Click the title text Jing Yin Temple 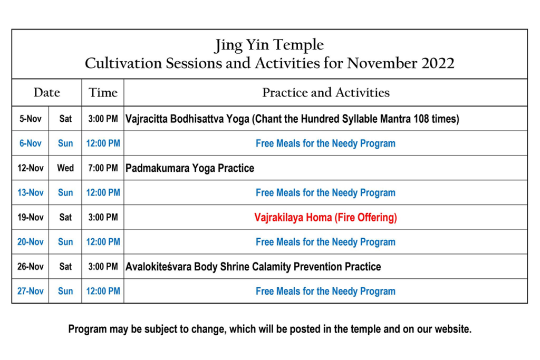[269, 45]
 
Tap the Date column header [47, 92]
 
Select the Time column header [103, 92]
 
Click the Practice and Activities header [326, 92]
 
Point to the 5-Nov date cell [30, 119]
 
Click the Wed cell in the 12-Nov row [65, 168]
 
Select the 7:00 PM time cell [103, 168]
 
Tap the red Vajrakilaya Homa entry [325, 217]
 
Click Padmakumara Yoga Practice [190, 168]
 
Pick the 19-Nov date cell [30, 217]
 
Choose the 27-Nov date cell [30, 291]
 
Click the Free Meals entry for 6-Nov [325, 143]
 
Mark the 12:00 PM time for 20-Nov [103, 242]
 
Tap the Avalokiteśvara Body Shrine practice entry [253, 267]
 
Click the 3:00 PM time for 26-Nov [103, 266]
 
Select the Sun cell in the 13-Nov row [65, 192]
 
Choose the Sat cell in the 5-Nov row [65, 119]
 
